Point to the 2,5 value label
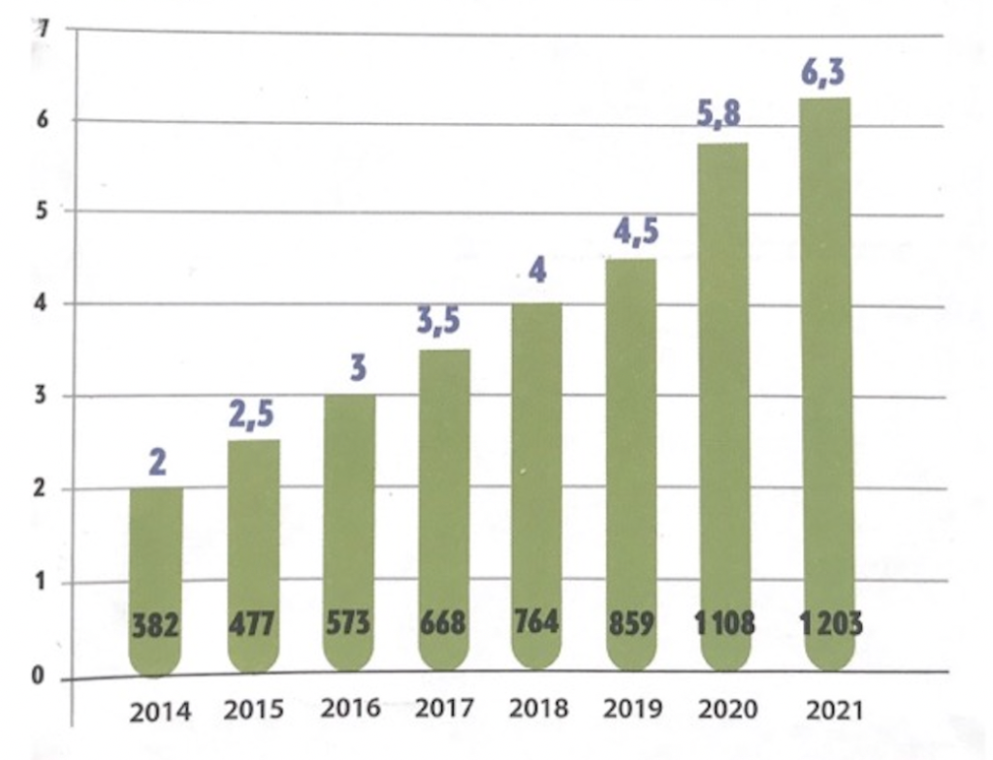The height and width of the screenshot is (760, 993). (x=251, y=414)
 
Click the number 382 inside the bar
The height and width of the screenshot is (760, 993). (x=155, y=626)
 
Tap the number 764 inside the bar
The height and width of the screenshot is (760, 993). (x=536, y=621)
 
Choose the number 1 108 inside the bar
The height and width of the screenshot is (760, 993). (x=724, y=623)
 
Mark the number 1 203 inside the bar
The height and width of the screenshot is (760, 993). (x=831, y=623)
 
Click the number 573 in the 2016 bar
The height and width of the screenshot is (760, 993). (x=347, y=622)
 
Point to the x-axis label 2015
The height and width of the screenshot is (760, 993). (x=254, y=709)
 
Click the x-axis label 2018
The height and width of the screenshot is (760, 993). (x=539, y=707)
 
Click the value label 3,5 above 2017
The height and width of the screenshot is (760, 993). (x=442, y=322)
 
